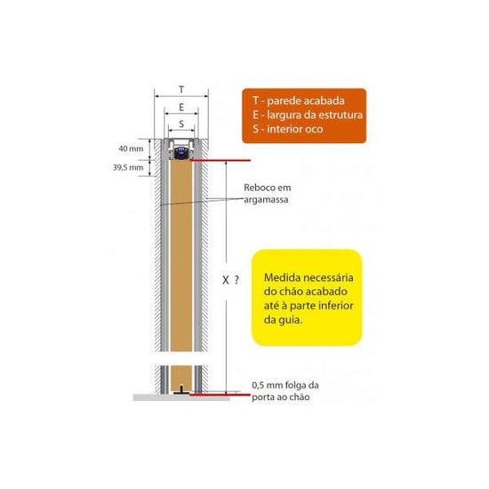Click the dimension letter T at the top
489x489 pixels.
181,90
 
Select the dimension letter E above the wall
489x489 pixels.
181,108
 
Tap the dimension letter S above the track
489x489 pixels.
181,124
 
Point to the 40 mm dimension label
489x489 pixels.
131,148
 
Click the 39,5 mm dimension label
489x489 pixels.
128,167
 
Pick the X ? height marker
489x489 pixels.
231,280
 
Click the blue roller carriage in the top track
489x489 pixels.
180,153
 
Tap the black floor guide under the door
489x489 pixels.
181,389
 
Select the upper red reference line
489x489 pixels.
220,160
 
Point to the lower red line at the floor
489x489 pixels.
220,395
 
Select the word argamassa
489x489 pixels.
266,200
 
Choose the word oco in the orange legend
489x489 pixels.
314,129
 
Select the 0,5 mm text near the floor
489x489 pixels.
265,386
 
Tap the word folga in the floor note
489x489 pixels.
293,386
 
